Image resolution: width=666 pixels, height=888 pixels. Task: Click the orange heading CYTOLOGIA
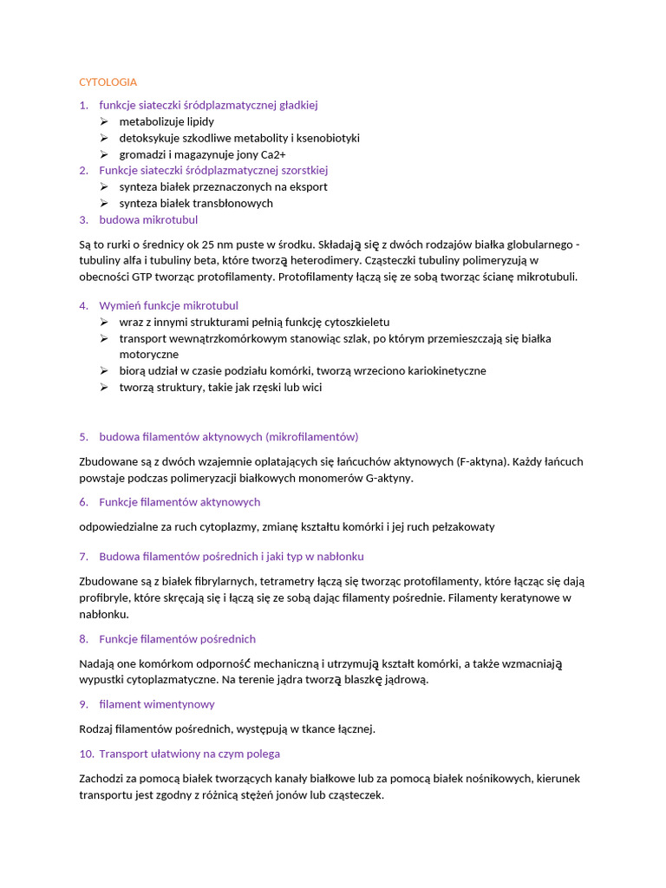point(108,82)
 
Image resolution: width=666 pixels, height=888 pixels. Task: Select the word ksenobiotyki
point(327,138)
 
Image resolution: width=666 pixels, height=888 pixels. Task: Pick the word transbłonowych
point(231,203)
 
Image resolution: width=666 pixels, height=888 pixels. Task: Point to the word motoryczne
point(149,354)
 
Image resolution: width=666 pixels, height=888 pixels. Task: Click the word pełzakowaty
point(463,526)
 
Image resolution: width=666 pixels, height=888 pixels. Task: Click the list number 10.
point(85,754)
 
